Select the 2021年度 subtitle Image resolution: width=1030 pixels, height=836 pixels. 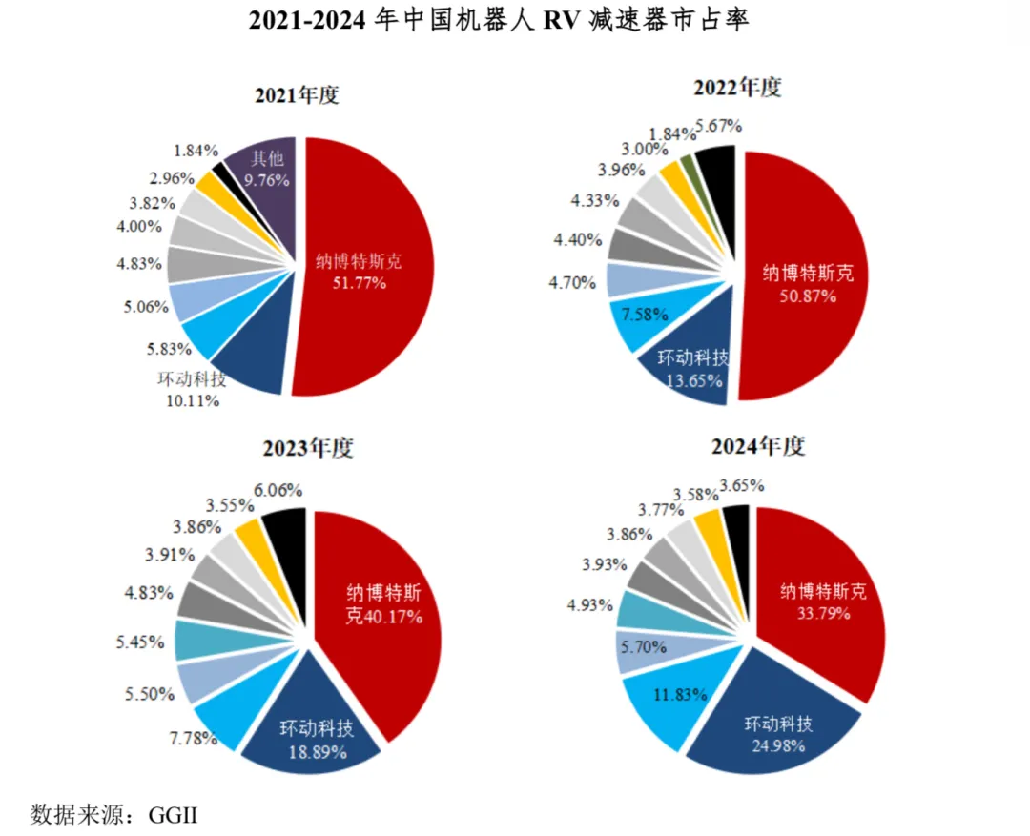coord(297,95)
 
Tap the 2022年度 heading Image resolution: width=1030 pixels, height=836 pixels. coord(738,88)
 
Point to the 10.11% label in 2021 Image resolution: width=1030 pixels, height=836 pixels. coord(192,400)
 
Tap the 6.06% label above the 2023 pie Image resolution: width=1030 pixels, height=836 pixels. coord(278,490)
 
